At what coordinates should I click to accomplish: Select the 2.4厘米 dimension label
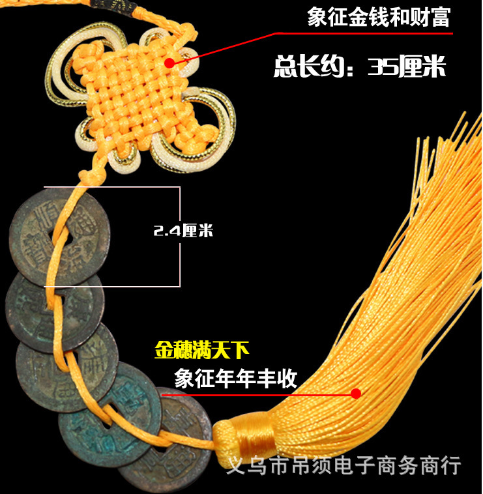pos(183,231)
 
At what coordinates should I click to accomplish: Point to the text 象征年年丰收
pos(235,378)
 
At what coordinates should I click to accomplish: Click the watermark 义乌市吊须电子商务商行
pos(343,465)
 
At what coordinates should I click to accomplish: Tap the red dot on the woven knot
pos(169,63)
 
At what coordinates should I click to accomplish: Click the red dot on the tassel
pos(355,393)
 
